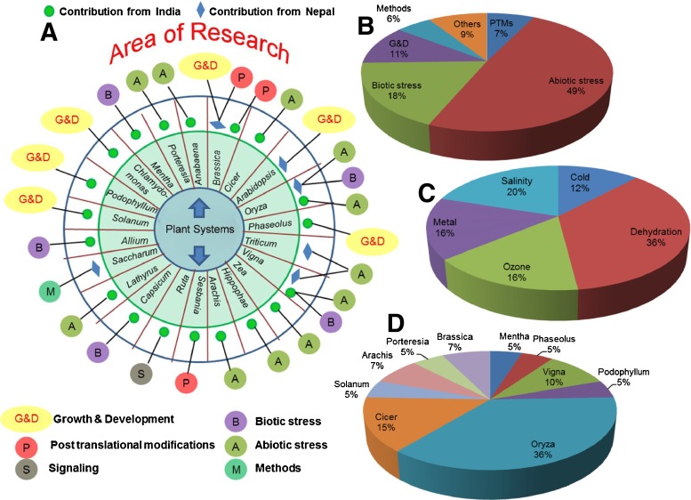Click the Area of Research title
tap(187, 51)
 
